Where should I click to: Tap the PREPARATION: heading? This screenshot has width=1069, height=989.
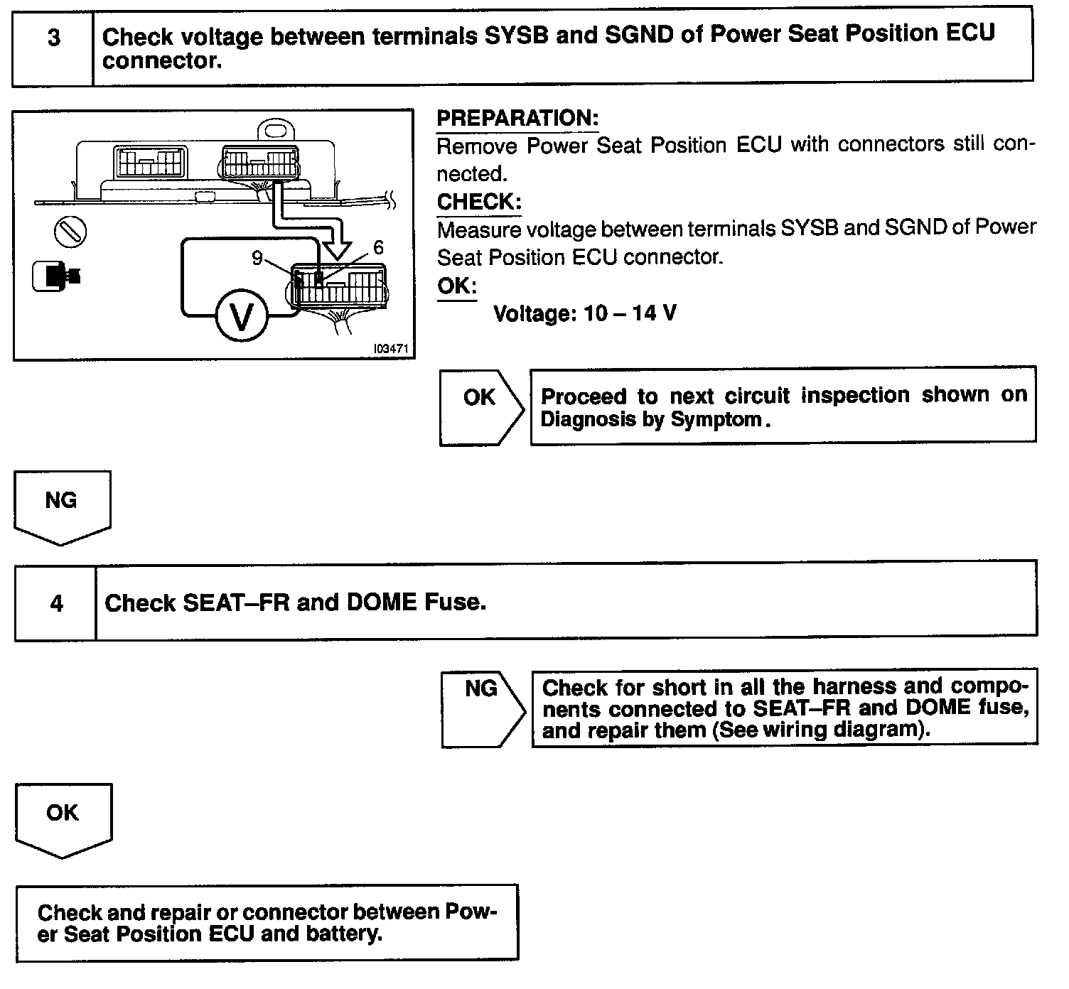pyautogui.click(x=517, y=118)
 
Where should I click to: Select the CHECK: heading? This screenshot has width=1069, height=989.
pyautogui.click(x=479, y=202)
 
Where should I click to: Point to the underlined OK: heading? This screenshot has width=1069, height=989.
pyautogui.click(x=457, y=286)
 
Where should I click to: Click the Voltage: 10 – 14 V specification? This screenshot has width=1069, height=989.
pyautogui.click(x=584, y=313)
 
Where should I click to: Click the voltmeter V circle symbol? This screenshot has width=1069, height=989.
pyautogui.click(x=241, y=317)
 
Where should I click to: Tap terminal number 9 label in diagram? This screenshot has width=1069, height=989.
pyautogui.click(x=257, y=258)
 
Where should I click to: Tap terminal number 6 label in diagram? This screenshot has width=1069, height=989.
pyautogui.click(x=378, y=247)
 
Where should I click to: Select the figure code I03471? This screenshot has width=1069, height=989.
pyautogui.click(x=392, y=350)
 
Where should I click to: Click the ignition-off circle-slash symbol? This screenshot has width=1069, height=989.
pyautogui.click(x=70, y=231)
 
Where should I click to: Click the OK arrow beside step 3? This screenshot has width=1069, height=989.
pyautogui.click(x=480, y=406)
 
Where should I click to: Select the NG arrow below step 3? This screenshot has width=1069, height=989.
pyautogui.click(x=62, y=507)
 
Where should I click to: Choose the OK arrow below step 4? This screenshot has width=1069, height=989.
pyautogui.click(x=63, y=819)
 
